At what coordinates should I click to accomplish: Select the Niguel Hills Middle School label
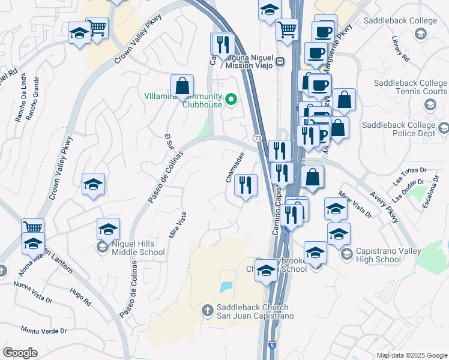click(138, 248)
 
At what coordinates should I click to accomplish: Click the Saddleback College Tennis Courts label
click(411, 87)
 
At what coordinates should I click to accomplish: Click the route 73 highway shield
click(257, 138)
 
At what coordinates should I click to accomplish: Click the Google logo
click(20, 352)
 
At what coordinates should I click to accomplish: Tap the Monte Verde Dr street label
click(43, 331)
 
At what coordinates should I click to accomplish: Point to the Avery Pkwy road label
click(388, 208)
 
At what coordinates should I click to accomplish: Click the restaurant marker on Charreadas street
click(245, 184)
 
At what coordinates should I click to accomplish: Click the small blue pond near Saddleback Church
click(226, 287)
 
